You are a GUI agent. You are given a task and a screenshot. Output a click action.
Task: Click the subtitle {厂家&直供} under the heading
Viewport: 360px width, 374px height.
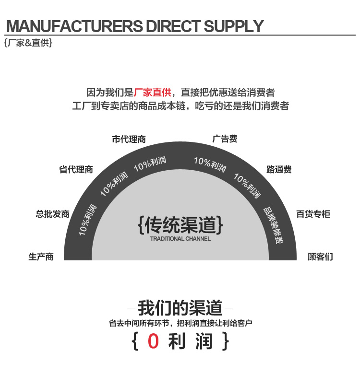(x=28, y=43)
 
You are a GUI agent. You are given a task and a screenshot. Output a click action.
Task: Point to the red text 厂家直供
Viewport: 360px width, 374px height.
(x=152, y=93)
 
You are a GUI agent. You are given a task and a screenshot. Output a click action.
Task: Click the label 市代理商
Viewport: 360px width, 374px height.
(x=129, y=140)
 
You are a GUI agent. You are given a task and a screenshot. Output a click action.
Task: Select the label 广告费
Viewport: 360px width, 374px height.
(x=225, y=139)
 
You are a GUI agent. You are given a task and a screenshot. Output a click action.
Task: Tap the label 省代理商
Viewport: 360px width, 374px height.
(x=76, y=169)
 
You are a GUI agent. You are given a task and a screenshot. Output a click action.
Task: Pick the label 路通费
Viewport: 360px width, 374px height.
(x=279, y=169)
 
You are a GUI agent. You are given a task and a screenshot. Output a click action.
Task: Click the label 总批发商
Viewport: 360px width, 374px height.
(x=53, y=214)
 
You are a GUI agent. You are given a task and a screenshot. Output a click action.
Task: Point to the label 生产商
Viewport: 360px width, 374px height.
(x=41, y=257)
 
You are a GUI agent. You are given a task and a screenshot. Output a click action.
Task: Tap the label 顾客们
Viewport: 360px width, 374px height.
(x=320, y=257)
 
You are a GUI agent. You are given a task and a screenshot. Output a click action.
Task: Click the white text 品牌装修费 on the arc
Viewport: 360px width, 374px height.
(x=272, y=226)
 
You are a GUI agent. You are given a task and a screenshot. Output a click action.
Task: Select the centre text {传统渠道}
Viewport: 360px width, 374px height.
(x=180, y=224)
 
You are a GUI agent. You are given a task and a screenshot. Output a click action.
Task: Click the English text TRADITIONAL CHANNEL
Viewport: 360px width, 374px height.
(x=180, y=239)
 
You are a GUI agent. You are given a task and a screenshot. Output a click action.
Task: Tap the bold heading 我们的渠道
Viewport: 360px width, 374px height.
(x=180, y=307)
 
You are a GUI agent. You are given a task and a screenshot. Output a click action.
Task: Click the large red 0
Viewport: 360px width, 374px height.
(x=153, y=341)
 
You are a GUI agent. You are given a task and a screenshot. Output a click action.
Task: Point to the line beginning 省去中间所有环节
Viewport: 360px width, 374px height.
(x=180, y=323)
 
